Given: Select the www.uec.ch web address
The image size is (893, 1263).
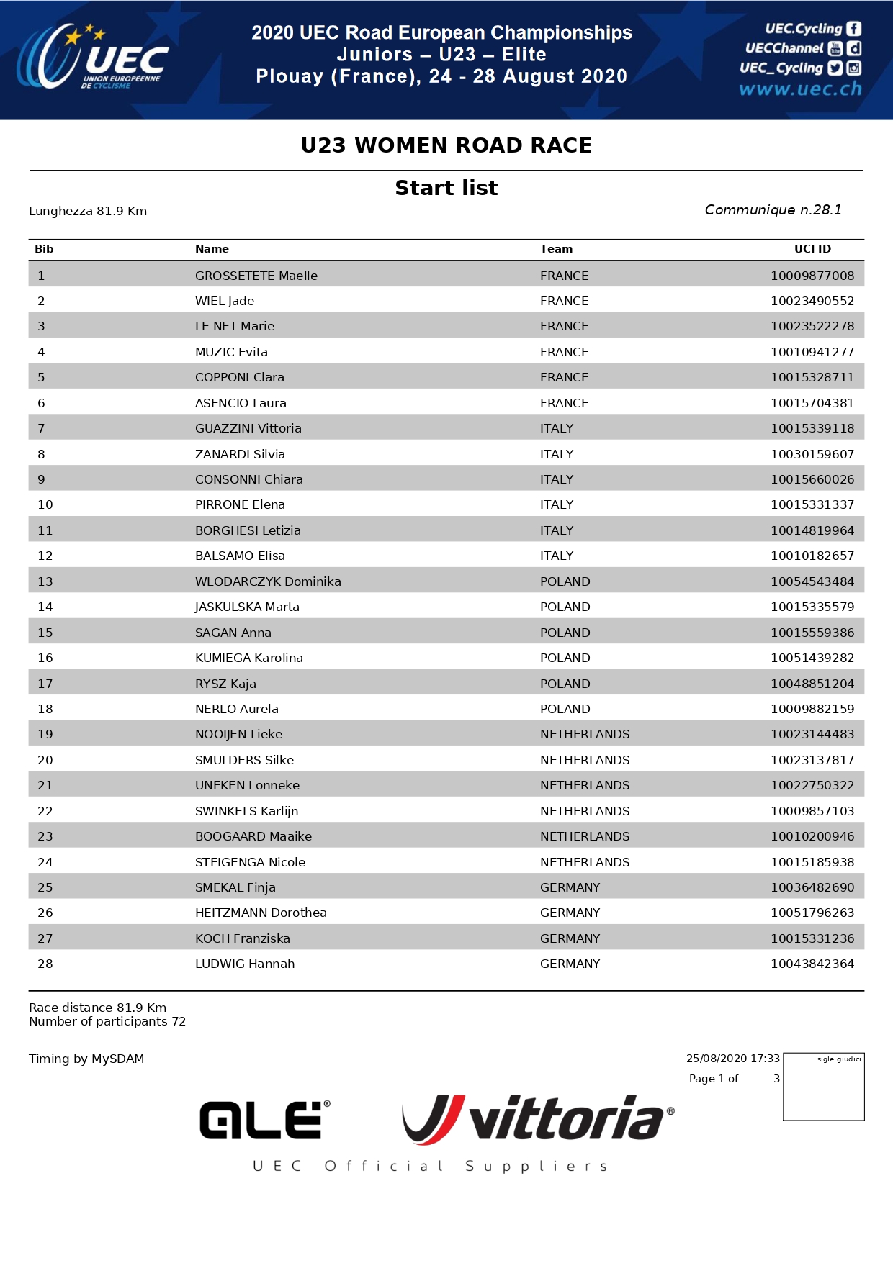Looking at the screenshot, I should [x=799, y=89].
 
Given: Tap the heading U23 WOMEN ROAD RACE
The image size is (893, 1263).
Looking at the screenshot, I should [x=446, y=145].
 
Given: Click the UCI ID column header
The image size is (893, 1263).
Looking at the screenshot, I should [x=812, y=249].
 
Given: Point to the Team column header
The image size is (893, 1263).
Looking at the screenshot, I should [x=556, y=249].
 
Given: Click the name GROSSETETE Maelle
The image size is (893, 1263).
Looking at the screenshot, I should [x=256, y=276].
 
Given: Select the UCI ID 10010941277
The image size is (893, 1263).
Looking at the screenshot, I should [x=812, y=352].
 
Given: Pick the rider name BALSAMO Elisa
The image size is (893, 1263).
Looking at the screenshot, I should [x=240, y=556].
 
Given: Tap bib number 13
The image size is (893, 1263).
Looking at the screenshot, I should [x=45, y=581].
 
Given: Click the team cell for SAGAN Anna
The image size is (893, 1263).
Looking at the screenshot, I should [x=565, y=633].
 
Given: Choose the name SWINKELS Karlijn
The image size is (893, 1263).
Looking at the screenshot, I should [x=246, y=811].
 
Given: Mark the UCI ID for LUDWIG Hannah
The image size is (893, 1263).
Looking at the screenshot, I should [x=812, y=964].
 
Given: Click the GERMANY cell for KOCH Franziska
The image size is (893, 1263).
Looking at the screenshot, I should [x=570, y=938].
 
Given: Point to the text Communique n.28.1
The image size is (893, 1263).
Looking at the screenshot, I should [x=773, y=209].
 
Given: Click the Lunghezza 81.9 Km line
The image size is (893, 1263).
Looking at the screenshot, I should [x=88, y=211].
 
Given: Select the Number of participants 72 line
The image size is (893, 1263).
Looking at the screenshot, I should [x=107, y=1022].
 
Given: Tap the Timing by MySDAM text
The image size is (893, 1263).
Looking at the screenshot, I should [x=86, y=1059].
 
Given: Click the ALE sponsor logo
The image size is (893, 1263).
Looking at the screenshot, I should [x=264, y=1120].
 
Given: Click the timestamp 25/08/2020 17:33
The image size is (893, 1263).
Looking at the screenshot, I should [x=732, y=1059].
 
